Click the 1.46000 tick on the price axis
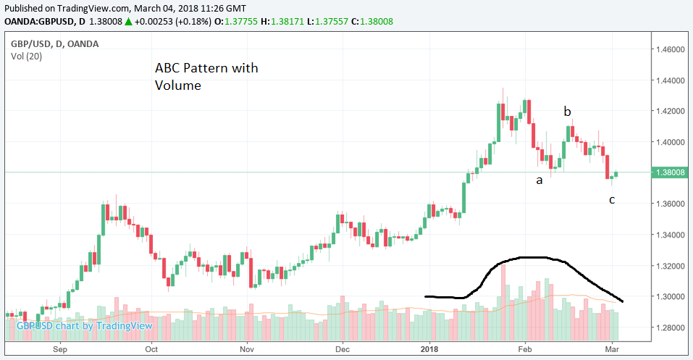coord(670,49)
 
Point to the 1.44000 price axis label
coord(670,80)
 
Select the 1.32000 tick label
coord(670,266)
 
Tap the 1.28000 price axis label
coord(670,327)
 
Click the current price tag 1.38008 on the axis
coord(670,172)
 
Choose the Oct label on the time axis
coord(152,348)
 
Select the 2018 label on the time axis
coord(430,348)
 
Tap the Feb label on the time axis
coord(526,348)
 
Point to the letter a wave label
coord(539,180)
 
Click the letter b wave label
coord(568,112)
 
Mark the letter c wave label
coord(612,199)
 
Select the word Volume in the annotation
coord(177,85)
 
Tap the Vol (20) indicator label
coord(28,56)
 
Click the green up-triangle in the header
coord(128,22)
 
